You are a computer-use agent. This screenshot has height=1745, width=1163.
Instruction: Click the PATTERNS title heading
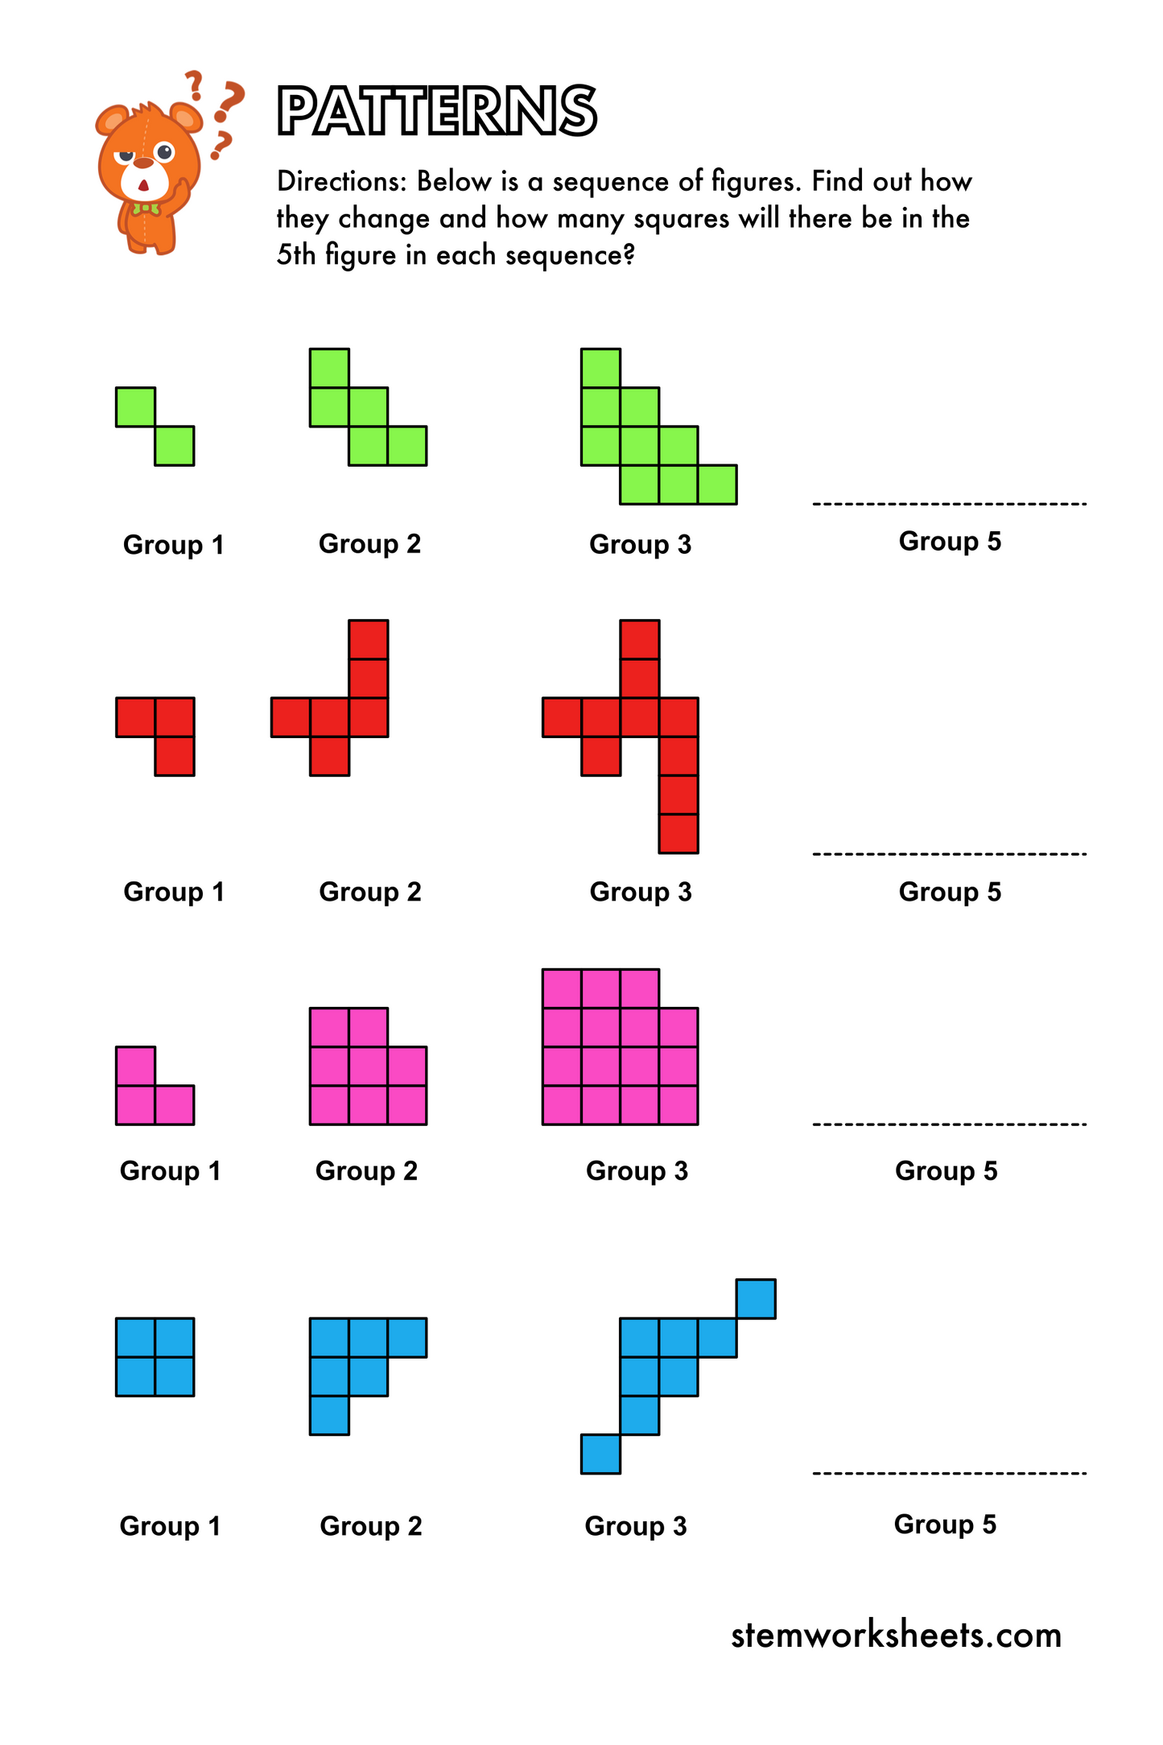436,111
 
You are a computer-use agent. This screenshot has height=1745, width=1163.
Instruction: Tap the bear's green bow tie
146,209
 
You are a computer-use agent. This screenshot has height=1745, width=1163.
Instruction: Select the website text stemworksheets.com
895,1636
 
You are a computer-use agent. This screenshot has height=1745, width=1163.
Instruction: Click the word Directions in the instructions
342,182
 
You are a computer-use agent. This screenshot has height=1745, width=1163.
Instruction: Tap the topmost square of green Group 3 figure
600,368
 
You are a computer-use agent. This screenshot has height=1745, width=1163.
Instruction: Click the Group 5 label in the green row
950,541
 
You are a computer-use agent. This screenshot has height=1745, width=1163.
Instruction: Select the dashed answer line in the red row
950,853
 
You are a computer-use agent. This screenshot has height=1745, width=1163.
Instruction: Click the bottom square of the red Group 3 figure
678,833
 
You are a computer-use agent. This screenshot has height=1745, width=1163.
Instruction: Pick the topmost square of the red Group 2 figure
369,639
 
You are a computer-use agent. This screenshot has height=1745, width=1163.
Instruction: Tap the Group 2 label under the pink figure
366,1170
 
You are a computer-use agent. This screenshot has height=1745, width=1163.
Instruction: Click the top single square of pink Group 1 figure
135,1066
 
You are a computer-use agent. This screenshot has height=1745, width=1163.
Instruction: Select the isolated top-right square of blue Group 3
756,1298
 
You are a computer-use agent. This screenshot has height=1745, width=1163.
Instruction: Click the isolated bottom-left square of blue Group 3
600,1454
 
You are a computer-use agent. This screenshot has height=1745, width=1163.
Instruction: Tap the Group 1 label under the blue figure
170,1526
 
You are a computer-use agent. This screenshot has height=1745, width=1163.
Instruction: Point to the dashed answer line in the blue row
950,1474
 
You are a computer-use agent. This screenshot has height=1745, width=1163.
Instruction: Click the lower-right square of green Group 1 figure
174,445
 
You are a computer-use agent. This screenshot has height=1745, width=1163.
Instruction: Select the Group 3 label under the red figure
641,892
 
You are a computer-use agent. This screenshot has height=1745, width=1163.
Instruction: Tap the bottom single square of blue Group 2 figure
329,1415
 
